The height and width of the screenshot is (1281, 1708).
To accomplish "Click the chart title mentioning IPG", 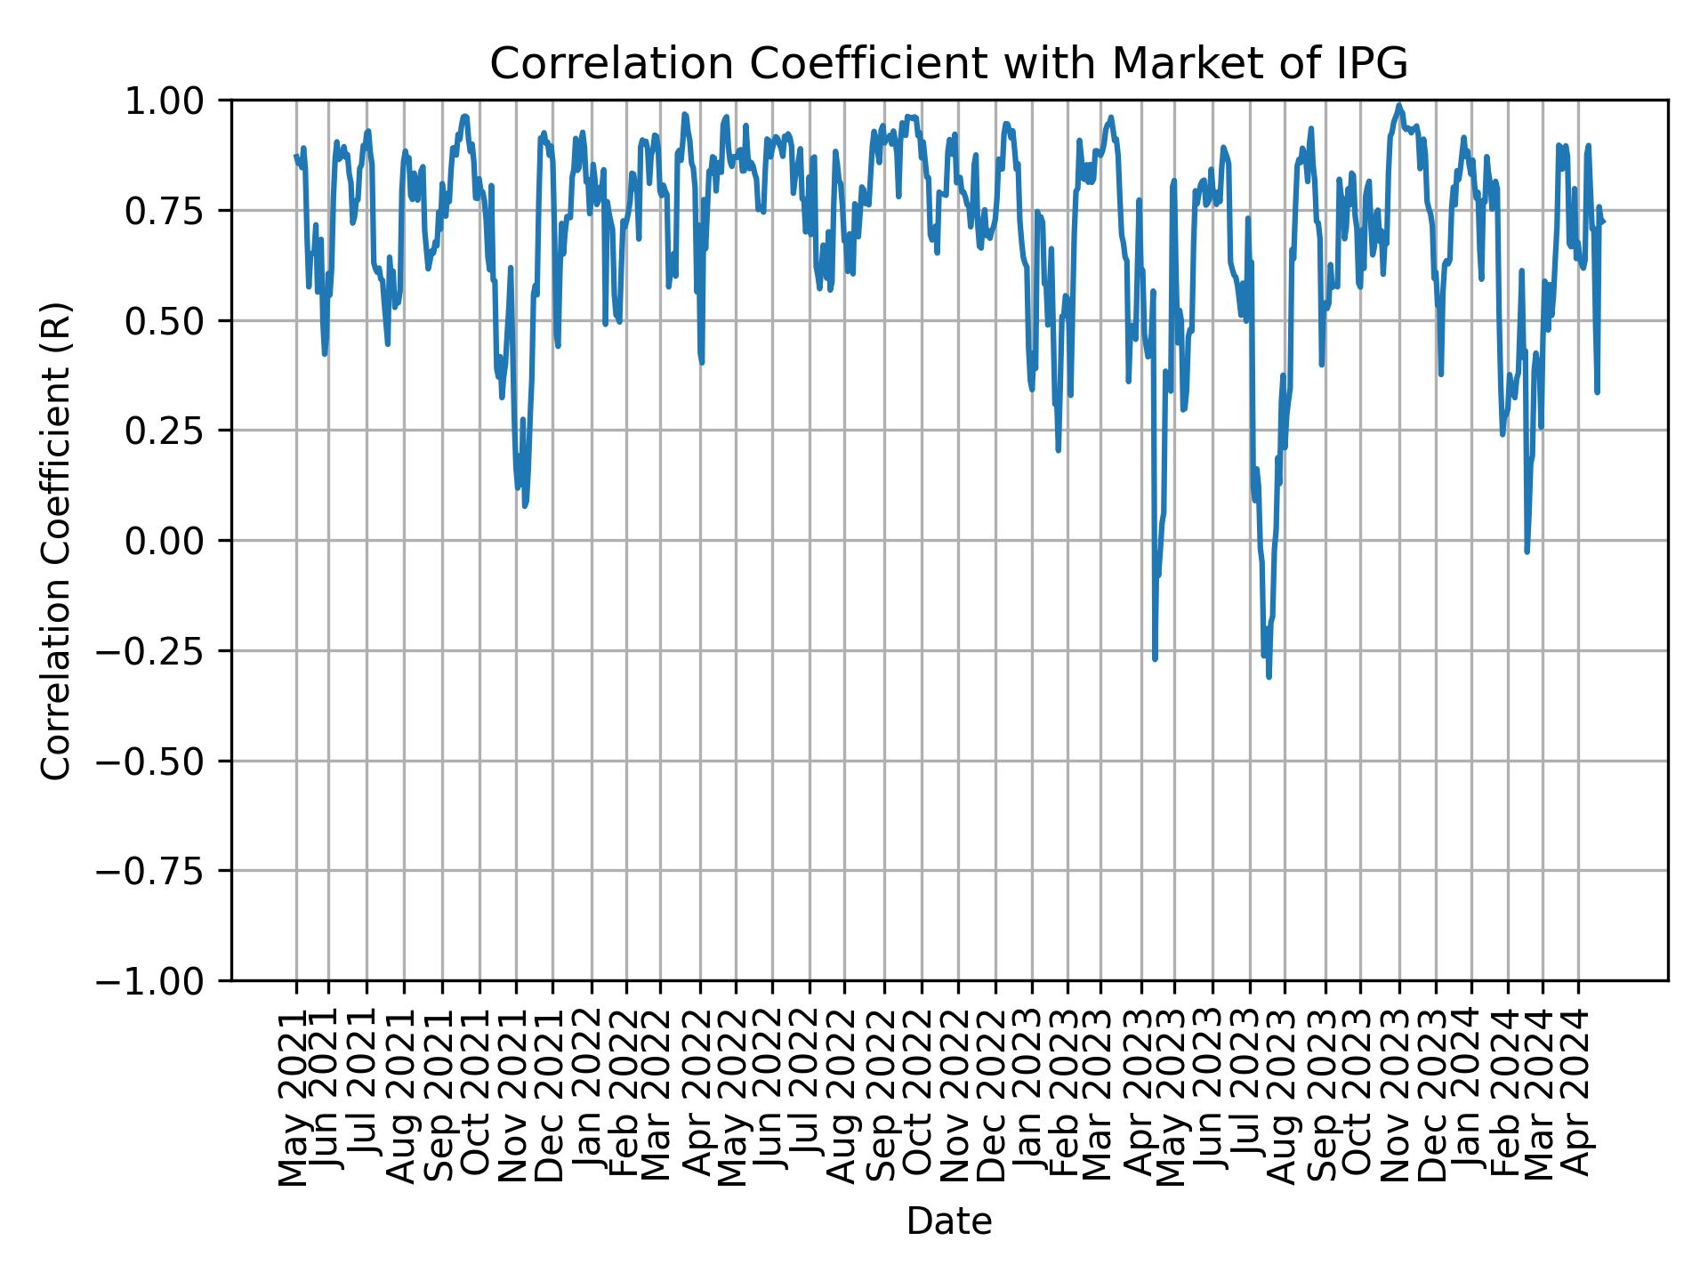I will tap(948, 64).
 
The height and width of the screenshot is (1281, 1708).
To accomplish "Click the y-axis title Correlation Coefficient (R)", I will tap(56, 541).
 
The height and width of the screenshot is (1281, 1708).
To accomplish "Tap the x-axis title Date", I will tap(948, 1221).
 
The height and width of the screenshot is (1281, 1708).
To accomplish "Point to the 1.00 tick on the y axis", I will tap(177, 101).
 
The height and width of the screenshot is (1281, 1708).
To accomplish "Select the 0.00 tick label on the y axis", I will tap(177, 541).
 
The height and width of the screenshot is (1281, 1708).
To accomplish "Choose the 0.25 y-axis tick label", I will tap(177, 431).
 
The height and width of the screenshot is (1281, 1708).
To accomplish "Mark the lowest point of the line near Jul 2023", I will tap(1269, 677).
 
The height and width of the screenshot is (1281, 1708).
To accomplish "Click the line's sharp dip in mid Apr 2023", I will tap(1155, 658).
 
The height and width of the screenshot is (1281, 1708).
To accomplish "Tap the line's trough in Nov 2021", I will tap(525, 505).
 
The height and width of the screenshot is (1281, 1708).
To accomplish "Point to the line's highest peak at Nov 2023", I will tap(1399, 105).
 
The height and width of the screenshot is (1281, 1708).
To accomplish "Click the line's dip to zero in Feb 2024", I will tap(1527, 552).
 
